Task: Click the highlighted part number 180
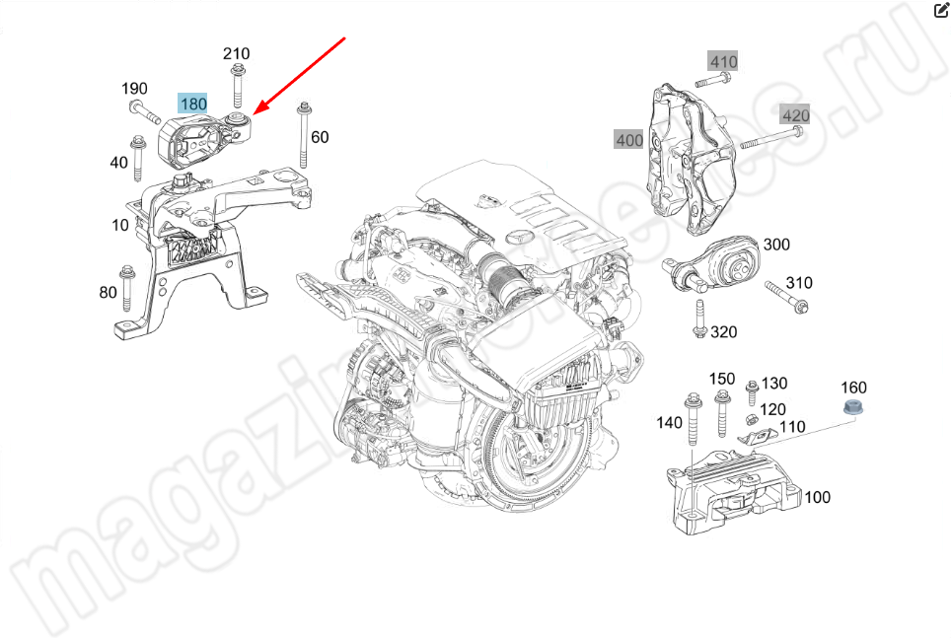[192, 104]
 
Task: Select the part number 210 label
[236, 53]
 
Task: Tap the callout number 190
[135, 89]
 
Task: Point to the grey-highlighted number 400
[629, 140]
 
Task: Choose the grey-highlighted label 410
[723, 62]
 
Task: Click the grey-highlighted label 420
[795, 115]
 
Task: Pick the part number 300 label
[776, 245]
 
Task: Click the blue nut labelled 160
[852, 409]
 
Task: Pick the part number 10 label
[120, 225]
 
